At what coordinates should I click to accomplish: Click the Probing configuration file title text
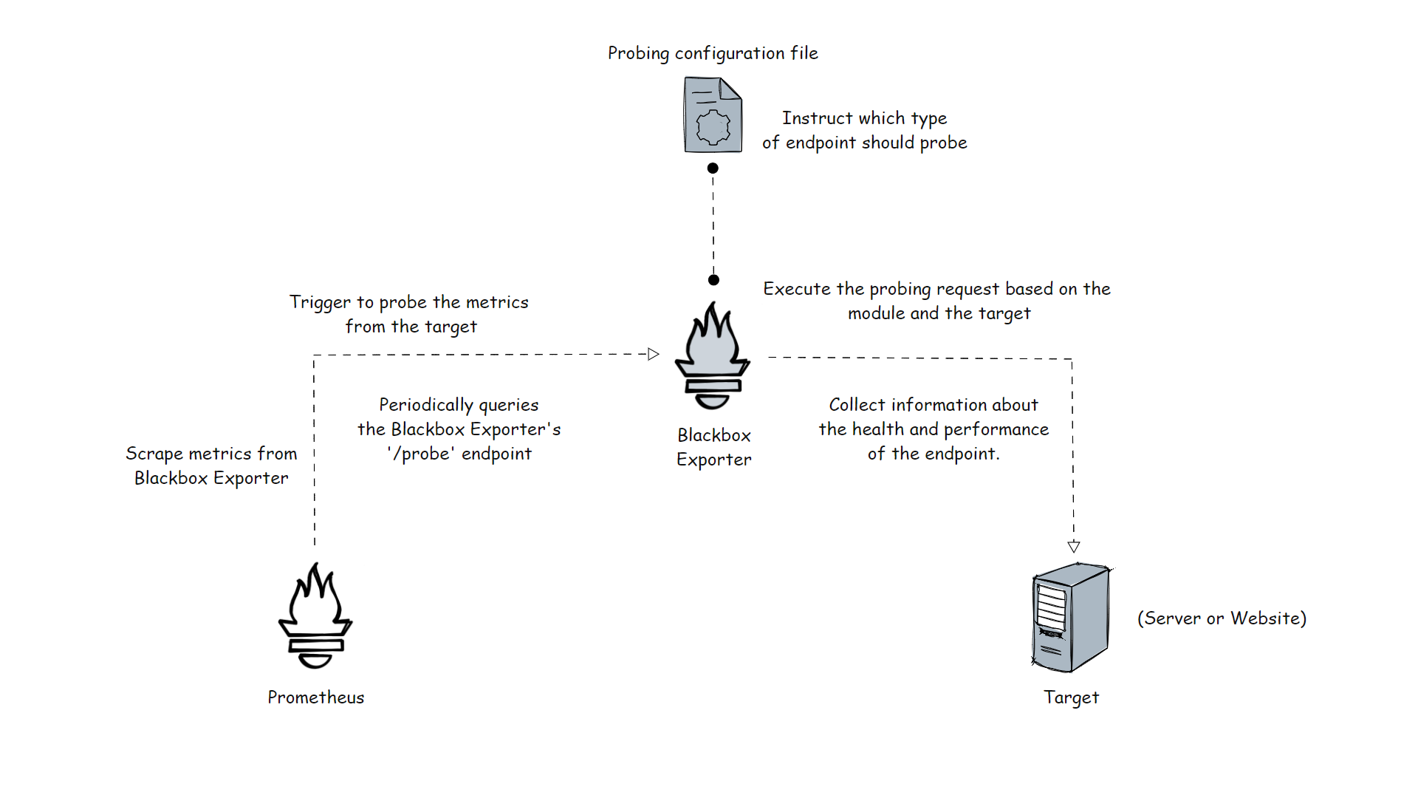(x=713, y=53)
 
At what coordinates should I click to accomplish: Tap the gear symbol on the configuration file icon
(x=713, y=127)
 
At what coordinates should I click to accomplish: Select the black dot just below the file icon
(x=713, y=168)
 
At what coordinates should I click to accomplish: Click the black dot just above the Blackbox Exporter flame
(x=713, y=280)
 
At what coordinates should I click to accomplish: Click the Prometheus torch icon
(x=315, y=616)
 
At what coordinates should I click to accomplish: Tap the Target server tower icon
(x=1071, y=618)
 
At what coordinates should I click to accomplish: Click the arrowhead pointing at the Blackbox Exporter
(x=653, y=354)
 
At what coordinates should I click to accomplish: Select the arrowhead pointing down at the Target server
(x=1074, y=547)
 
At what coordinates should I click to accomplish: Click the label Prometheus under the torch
(x=315, y=698)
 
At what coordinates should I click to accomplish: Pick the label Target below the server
(x=1071, y=698)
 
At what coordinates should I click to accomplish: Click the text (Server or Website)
(x=1222, y=618)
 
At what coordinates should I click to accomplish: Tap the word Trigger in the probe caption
(x=320, y=303)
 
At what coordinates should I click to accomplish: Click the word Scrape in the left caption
(x=152, y=454)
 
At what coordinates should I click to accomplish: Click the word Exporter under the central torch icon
(x=713, y=460)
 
